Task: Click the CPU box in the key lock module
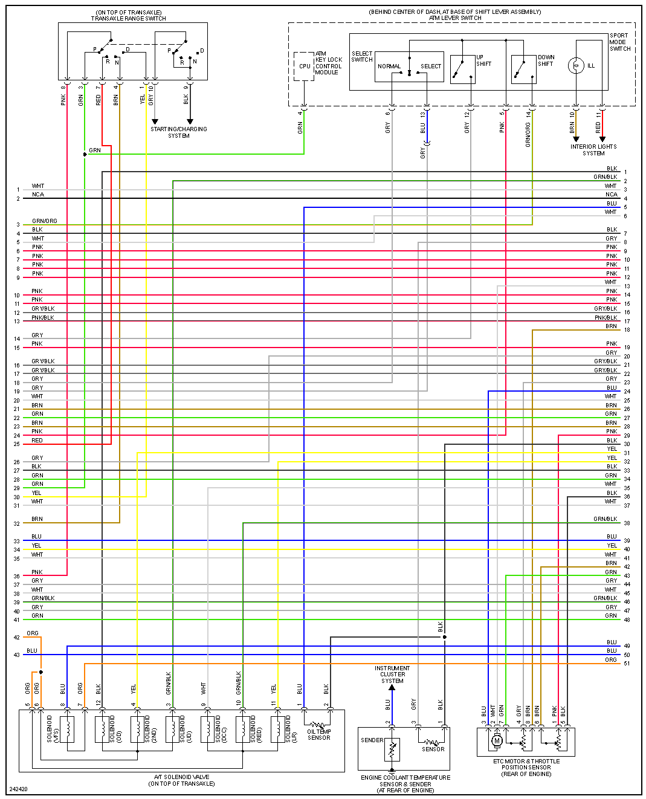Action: tap(304, 66)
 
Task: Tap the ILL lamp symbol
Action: tap(576, 65)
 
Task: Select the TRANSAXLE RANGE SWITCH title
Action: tap(129, 19)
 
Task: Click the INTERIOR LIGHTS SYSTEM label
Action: tap(593, 150)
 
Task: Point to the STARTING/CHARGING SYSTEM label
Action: tap(179, 132)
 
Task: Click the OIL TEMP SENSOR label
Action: tap(319, 734)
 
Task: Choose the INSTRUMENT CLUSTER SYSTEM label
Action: tap(392, 674)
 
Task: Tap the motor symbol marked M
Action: tap(497, 740)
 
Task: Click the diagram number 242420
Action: tap(18, 789)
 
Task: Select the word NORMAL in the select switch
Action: tap(389, 66)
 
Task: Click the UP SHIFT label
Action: tap(483, 60)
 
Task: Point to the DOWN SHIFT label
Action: tap(546, 60)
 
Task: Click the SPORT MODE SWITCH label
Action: tap(619, 42)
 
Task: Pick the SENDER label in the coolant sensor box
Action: tap(372, 740)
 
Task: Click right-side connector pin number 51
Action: tap(627, 664)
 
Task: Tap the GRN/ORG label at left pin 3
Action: tap(45, 221)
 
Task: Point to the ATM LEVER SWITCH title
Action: tap(455, 18)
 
